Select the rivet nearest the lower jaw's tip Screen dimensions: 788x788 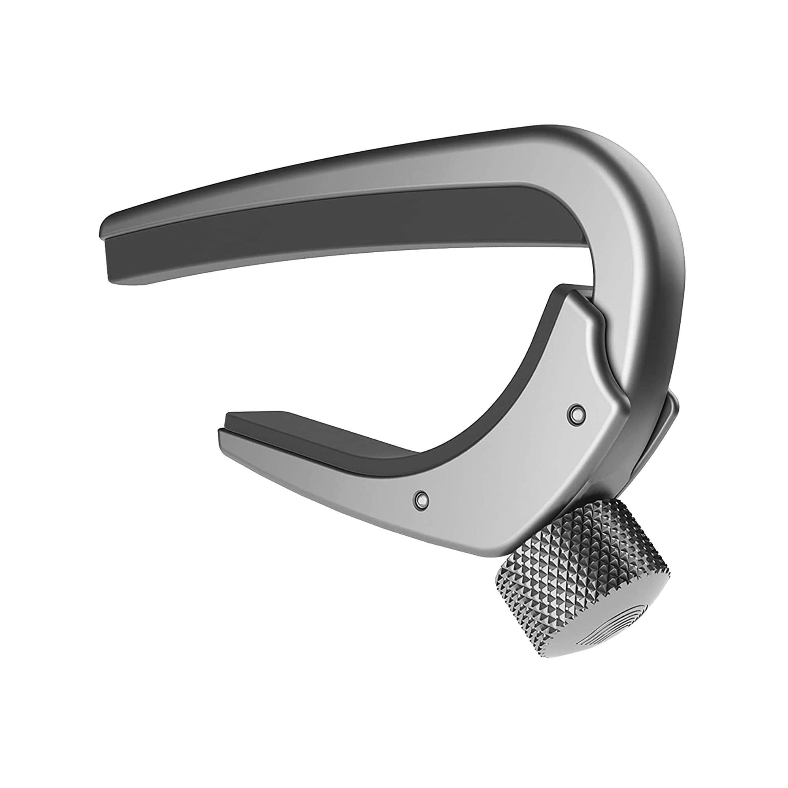tap(420, 498)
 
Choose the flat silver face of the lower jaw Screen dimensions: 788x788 tap(510, 469)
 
